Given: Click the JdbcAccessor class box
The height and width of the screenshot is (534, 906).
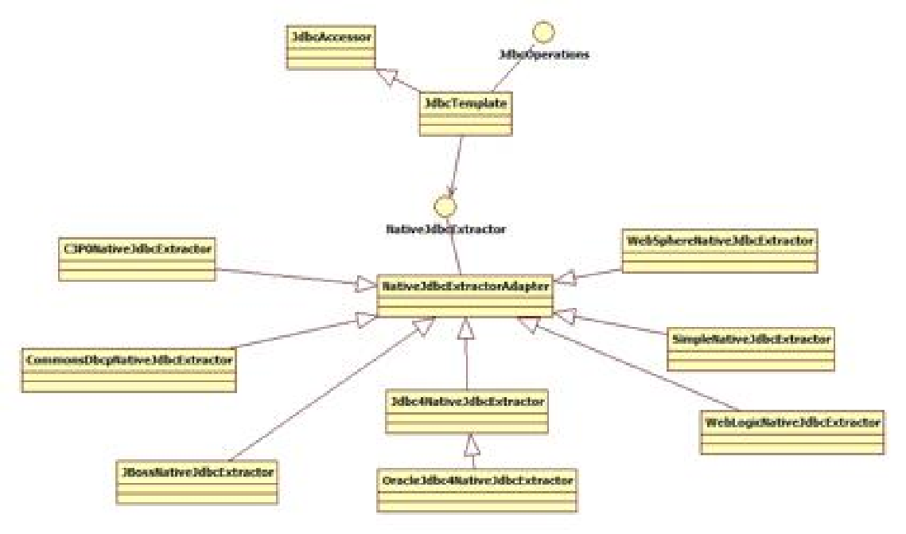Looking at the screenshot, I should coord(329,47).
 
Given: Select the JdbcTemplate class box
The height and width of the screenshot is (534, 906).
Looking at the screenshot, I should coord(465,114).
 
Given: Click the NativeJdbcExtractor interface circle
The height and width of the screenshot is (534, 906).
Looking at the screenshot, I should coord(445,207).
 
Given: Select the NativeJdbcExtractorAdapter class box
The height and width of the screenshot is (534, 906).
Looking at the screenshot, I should coord(465,295).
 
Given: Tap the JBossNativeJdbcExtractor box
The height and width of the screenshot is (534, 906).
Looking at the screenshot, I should coord(196,481).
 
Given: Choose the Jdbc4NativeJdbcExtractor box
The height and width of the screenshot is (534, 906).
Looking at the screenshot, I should coord(466,411).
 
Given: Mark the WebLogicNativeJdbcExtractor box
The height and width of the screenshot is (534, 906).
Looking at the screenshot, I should coord(792,431).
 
